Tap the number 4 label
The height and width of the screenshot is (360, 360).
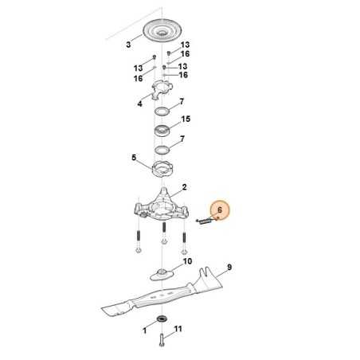[x=139, y=104]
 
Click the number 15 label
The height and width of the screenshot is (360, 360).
[x=186, y=119]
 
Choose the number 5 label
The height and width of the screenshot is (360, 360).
[x=134, y=158]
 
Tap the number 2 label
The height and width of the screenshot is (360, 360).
[x=184, y=187]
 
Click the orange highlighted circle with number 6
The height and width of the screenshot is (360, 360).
[x=221, y=211]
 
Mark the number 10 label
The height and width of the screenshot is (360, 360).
[x=188, y=261]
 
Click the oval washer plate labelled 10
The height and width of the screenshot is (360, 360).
[x=163, y=273]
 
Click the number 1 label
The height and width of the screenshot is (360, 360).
[x=144, y=329]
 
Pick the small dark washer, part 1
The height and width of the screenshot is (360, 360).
[x=162, y=320]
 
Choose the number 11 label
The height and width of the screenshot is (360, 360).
[x=178, y=329]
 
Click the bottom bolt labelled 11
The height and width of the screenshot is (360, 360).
[x=163, y=338]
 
